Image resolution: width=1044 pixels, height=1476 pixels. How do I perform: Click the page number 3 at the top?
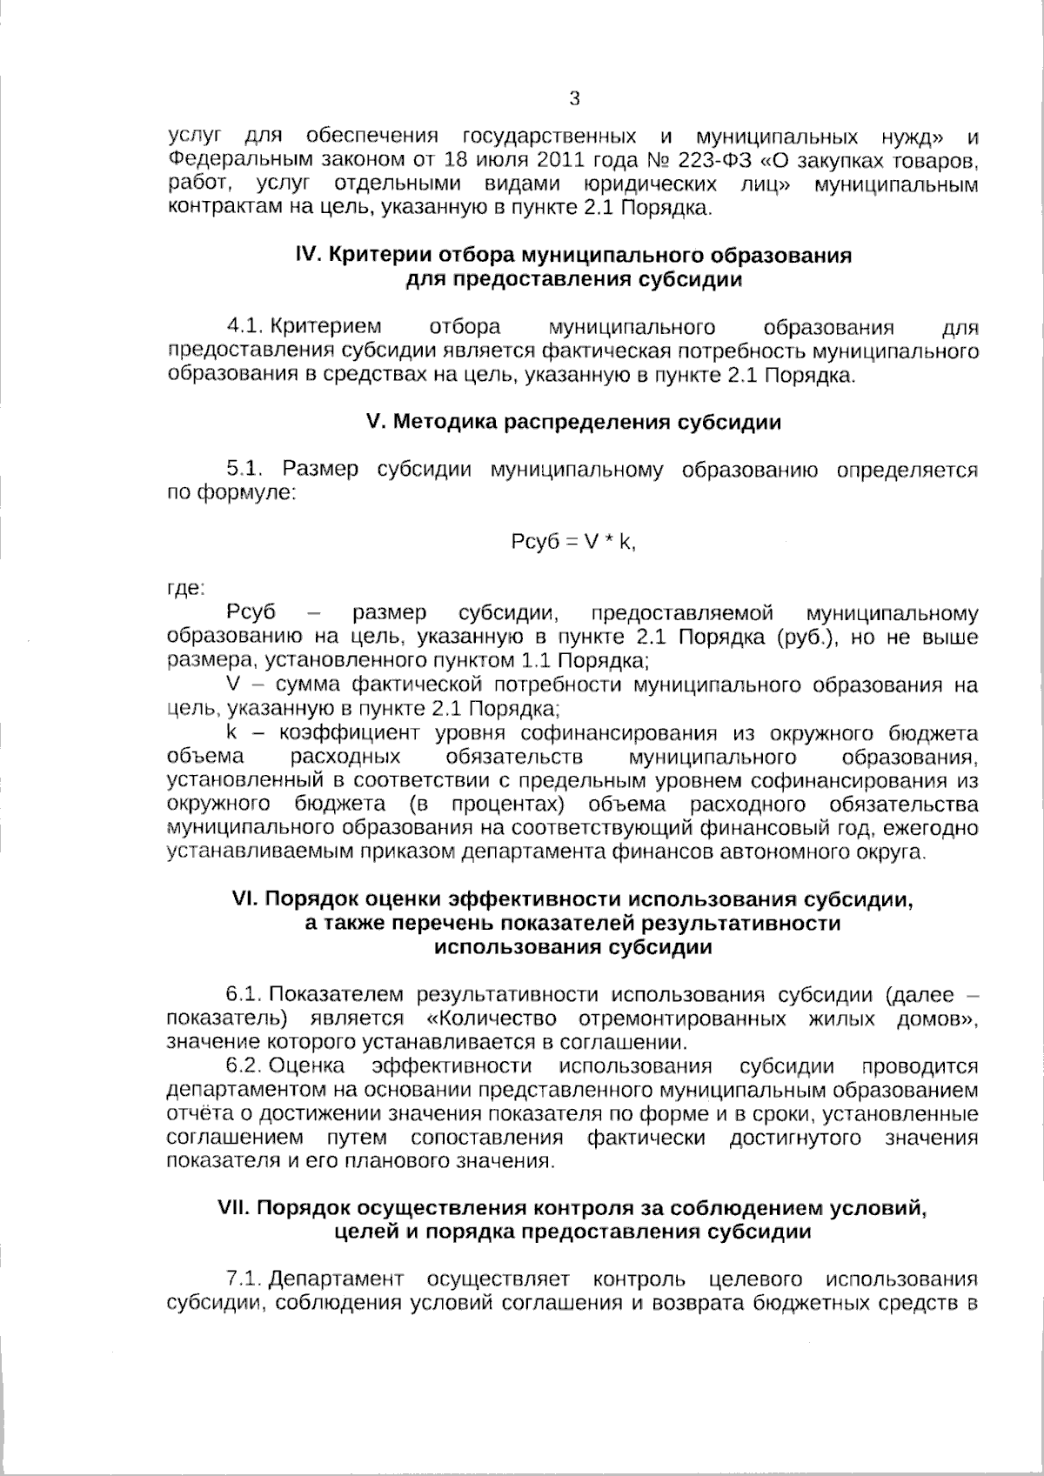click(574, 98)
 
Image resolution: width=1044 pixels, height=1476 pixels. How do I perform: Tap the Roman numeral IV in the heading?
click(308, 256)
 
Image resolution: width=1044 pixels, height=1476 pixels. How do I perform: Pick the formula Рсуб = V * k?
click(573, 541)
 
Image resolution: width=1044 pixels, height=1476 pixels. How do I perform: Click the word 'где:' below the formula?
click(185, 589)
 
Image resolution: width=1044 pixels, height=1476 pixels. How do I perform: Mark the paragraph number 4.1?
click(244, 327)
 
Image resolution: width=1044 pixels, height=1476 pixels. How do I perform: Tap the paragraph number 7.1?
click(244, 1279)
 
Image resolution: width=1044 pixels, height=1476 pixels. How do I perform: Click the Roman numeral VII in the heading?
click(232, 1208)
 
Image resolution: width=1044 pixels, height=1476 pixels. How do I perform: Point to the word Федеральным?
click(228, 161)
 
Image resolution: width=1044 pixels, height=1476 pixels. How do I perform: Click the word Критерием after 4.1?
click(326, 327)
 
